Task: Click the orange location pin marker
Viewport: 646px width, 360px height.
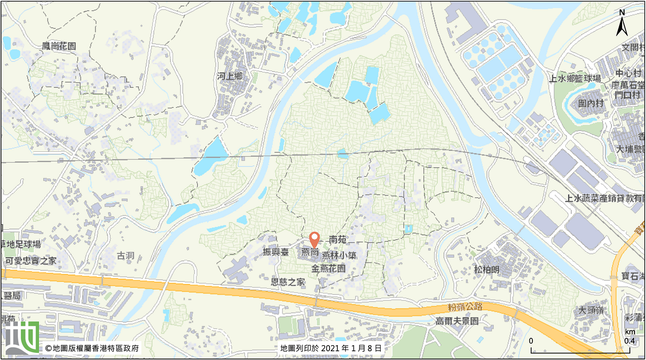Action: pyautogui.click(x=314, y=240)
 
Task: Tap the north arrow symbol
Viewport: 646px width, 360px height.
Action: pyautogui.click(x=622, y=24)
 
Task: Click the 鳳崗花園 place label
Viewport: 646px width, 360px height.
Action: pyautogui.click(x=59, y=46)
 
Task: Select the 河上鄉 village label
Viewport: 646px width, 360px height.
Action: pyautogui.click(x=229, y=76)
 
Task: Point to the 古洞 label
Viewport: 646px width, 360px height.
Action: pyautogui.click(x=125, y=255)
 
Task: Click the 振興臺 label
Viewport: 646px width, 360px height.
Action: pyautogui.click(x=275, y=252)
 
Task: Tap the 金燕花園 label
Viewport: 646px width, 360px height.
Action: pyautogui.click(x=329, y=269)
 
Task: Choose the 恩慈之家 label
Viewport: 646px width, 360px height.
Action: pyautogui.click(x=288, y=282)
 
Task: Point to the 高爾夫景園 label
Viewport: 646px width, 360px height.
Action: pyautogui.click(x=457, y=321)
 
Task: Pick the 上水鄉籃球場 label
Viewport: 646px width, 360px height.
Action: pyautogui.click(x=574, y=78)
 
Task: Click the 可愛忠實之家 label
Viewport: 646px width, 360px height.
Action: pyautogui.click(x=31, y=261)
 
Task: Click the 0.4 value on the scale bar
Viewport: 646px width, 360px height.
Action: pyautogui.click(x=629, y=341)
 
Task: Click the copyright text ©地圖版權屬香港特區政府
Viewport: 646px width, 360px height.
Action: pyautogui.click(x=92, y=348)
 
